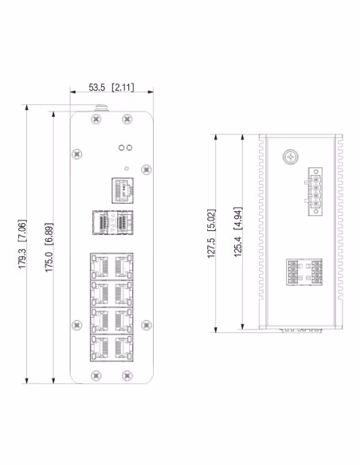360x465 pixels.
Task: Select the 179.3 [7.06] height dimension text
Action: pyautogui.click(x=24, y=247)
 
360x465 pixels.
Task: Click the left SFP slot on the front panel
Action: pyautogui.click(x=100, y=222)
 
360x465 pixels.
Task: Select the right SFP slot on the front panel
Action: pyautogui.click(x=122, y=222)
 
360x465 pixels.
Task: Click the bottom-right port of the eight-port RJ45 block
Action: pyautogui.click(x=123, y=347)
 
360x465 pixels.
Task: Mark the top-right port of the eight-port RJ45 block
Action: pyautogui.click(x=123, y=265)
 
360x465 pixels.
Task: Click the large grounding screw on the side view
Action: pyautogui.click(x=287, y=158)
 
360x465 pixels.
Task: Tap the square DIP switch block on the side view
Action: pyautogui.click(x=303, y=272)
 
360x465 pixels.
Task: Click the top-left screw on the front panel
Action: pyautogui.click(x=96, y=119)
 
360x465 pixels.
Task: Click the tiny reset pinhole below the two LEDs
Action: pyautogui.click(x=126, y=168)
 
